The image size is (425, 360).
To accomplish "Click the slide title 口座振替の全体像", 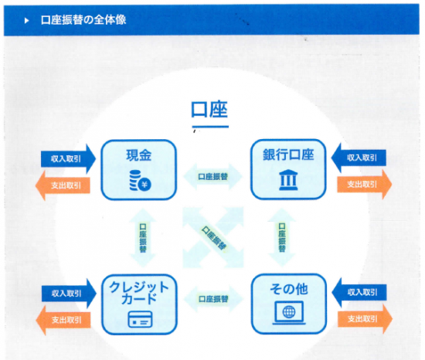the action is (x=83, y=20).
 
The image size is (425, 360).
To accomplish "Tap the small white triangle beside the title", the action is (x=26, y=20).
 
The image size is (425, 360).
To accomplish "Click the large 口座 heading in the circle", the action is (x=209, y=110).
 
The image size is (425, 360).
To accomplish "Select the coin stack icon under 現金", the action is (x=140, y=181).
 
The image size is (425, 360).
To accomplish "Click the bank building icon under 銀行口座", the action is (x=288, y=179).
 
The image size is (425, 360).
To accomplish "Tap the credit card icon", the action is (x=140, y=319).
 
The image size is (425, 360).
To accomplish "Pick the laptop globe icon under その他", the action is (x=289, y=313).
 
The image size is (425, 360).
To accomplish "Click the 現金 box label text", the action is (x=138, y=155).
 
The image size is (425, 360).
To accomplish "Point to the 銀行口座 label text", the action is (x=288, y=155).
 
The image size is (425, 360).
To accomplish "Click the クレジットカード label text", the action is (x=139, y=293).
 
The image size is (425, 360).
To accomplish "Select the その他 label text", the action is (x=289, y=289).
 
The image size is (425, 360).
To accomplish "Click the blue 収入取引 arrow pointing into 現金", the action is (x=68, y=158).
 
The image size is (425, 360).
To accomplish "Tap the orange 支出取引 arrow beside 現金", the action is (x=63, y=185).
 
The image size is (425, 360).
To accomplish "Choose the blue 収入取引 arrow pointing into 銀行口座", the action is (x=359, y=158).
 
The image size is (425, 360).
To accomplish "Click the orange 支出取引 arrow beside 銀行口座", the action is (x=365, y=185).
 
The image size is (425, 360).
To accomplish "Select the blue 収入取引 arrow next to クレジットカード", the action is (x=69, y=294).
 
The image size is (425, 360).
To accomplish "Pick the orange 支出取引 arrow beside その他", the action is (x=365, y=319).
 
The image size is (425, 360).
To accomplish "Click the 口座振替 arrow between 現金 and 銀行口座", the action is (x=213, y=177).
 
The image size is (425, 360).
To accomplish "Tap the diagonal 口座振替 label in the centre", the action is (x=214, y=238).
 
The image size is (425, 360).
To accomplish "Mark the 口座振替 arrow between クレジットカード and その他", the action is (x=213, y=299).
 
